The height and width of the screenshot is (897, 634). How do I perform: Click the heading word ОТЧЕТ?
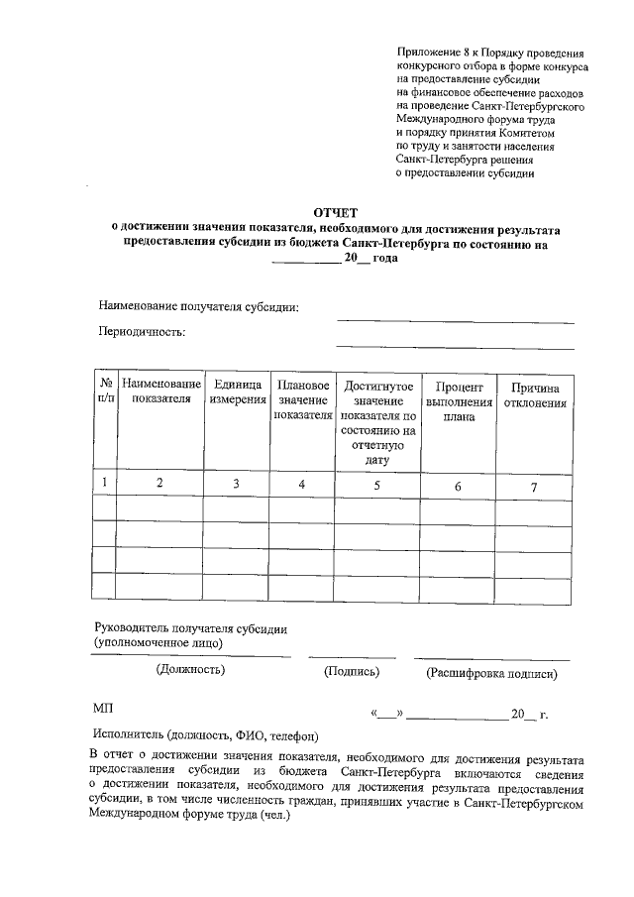(336, 213)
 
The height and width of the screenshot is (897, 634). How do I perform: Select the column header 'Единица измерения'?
(236, 392)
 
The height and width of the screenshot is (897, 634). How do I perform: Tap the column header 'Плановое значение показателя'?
(303, 399)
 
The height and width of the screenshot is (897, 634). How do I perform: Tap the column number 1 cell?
(104, 483)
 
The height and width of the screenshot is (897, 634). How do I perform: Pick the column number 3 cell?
(236, 484)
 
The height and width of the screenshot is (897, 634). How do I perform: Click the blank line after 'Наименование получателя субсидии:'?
(455, 320)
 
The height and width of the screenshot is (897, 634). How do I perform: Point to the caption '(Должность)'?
(190, 671)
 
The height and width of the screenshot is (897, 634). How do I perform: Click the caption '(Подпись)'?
(353, 672)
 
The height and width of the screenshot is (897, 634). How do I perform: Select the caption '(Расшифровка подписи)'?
(491, 674)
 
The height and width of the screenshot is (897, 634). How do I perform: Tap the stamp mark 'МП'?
(104, 711)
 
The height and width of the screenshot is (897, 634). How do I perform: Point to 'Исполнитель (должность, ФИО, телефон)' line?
(205, 735)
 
